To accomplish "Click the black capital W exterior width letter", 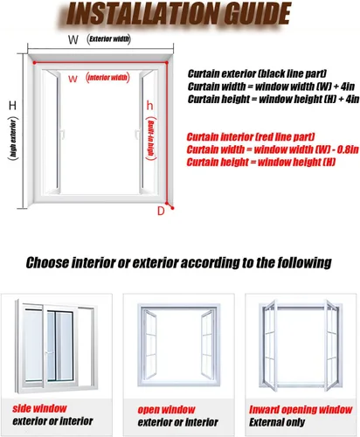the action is click(x=73, y=39).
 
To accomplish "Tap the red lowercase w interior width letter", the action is click(x=73, y=79).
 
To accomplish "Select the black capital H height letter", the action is click(x=12, y=106).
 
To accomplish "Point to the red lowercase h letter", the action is click(x=149, y=105).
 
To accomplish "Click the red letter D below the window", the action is click(x=161, y=211).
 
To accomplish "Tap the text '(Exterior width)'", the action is click(x=108, y=39).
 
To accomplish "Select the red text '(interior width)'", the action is click(x=107, y=78).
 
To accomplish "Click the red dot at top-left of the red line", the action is click(x=34, y=63).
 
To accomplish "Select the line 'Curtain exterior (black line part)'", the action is click(x=257, y=73).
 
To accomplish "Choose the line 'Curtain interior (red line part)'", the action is click(x=251, y=137).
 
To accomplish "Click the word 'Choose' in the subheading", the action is click(x=47, y=263).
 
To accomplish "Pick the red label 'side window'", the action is click(x=39, y=408).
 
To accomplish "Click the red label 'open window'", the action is click(x=166, y=410).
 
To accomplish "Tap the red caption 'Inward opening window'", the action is click(x=301, y=410).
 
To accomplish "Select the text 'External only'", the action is click(x=277, y=422).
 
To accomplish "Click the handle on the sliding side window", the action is click(x=49, y=353).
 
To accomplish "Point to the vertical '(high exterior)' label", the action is click(x=13, y=138).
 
